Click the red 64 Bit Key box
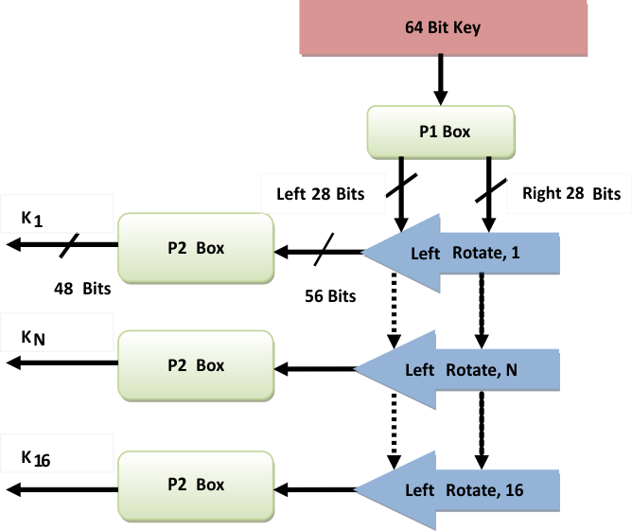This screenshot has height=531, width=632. [442, 27]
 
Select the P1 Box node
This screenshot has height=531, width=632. [441, 132]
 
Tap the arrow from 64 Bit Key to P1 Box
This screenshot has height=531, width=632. [441, 80]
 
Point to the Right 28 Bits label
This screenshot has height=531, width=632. [571, 194]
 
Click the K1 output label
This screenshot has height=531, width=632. [32, 219]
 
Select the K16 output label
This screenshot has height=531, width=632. [36, 458]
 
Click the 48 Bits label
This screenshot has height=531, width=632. [83, 287]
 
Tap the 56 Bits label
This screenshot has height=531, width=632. [330, 295]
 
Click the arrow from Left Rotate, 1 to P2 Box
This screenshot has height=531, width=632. [317, 253]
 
